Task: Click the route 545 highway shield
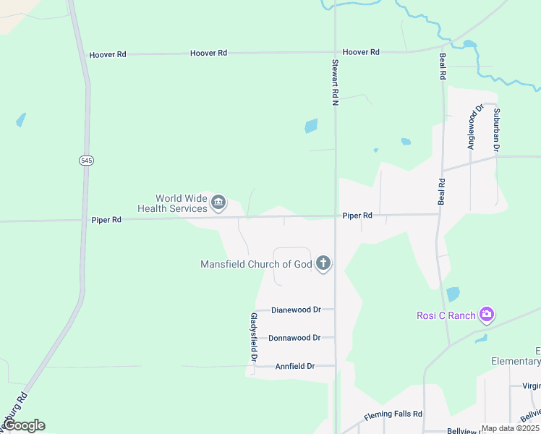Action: click(x=86, y=160)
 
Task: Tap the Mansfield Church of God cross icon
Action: click(x=323, y=264)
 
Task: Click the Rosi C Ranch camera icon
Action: click(x=487, y=315)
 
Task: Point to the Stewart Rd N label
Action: click(x=336, y=83)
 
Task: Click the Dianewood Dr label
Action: click(x=296, y=310)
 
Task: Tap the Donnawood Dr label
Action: click(x=294, y=338)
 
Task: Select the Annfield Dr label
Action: click(x=295, y=366)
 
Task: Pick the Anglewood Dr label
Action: click(x=472, y=127)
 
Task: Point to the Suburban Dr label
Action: click(x=497, y=130)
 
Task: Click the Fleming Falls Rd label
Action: click(x=393, y=414)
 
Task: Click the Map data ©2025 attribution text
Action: click(x=511, y=428)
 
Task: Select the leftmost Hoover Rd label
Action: click(x=107, y=54)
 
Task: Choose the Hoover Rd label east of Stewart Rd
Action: click(x=361, y=52)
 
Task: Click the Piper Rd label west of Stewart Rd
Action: click(x=106, y=220)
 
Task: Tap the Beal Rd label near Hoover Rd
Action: click(x=442, y=66)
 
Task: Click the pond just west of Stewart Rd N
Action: click(x=311, y=126)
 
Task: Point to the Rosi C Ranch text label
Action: click(x=446, y=315)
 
